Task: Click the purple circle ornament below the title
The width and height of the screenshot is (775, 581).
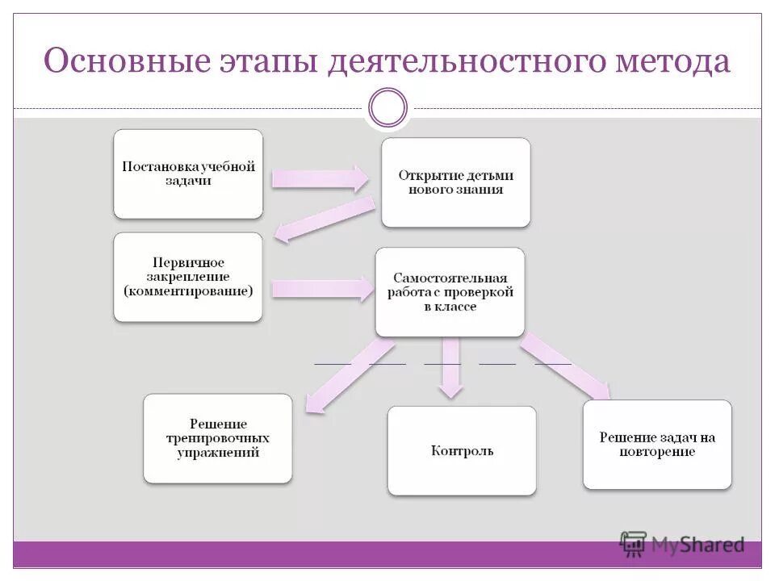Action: pyautogui.click(x=387, y=107)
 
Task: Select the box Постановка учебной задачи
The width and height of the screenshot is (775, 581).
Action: pyautogui.click(x=188, y=173)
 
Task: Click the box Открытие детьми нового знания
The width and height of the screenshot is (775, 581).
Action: pyautogui.click(x=456, y=182)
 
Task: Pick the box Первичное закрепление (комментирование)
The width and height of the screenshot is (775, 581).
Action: pyautogui.click(x=188, y=277)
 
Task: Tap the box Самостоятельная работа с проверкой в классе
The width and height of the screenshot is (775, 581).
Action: pyautogui.click(x=450, y=291)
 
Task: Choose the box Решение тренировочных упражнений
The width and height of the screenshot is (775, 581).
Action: pyautogui.click(x=218, y=438)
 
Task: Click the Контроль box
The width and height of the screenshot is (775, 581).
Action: pyautogui.click(x=462, y=450)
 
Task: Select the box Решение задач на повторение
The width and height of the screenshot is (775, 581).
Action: pyautogui.click(x=657, y=444)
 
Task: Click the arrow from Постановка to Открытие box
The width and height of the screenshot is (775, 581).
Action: pyautogui.click(x=320, y=178)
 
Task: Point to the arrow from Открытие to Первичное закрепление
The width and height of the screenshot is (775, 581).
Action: pyautogui.click(x=324, y=219)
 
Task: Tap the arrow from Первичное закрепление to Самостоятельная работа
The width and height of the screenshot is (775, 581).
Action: pyautogui.click(x=320, y=288)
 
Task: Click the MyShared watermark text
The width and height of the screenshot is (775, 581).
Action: pyautogui.click(x=697, y=545)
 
